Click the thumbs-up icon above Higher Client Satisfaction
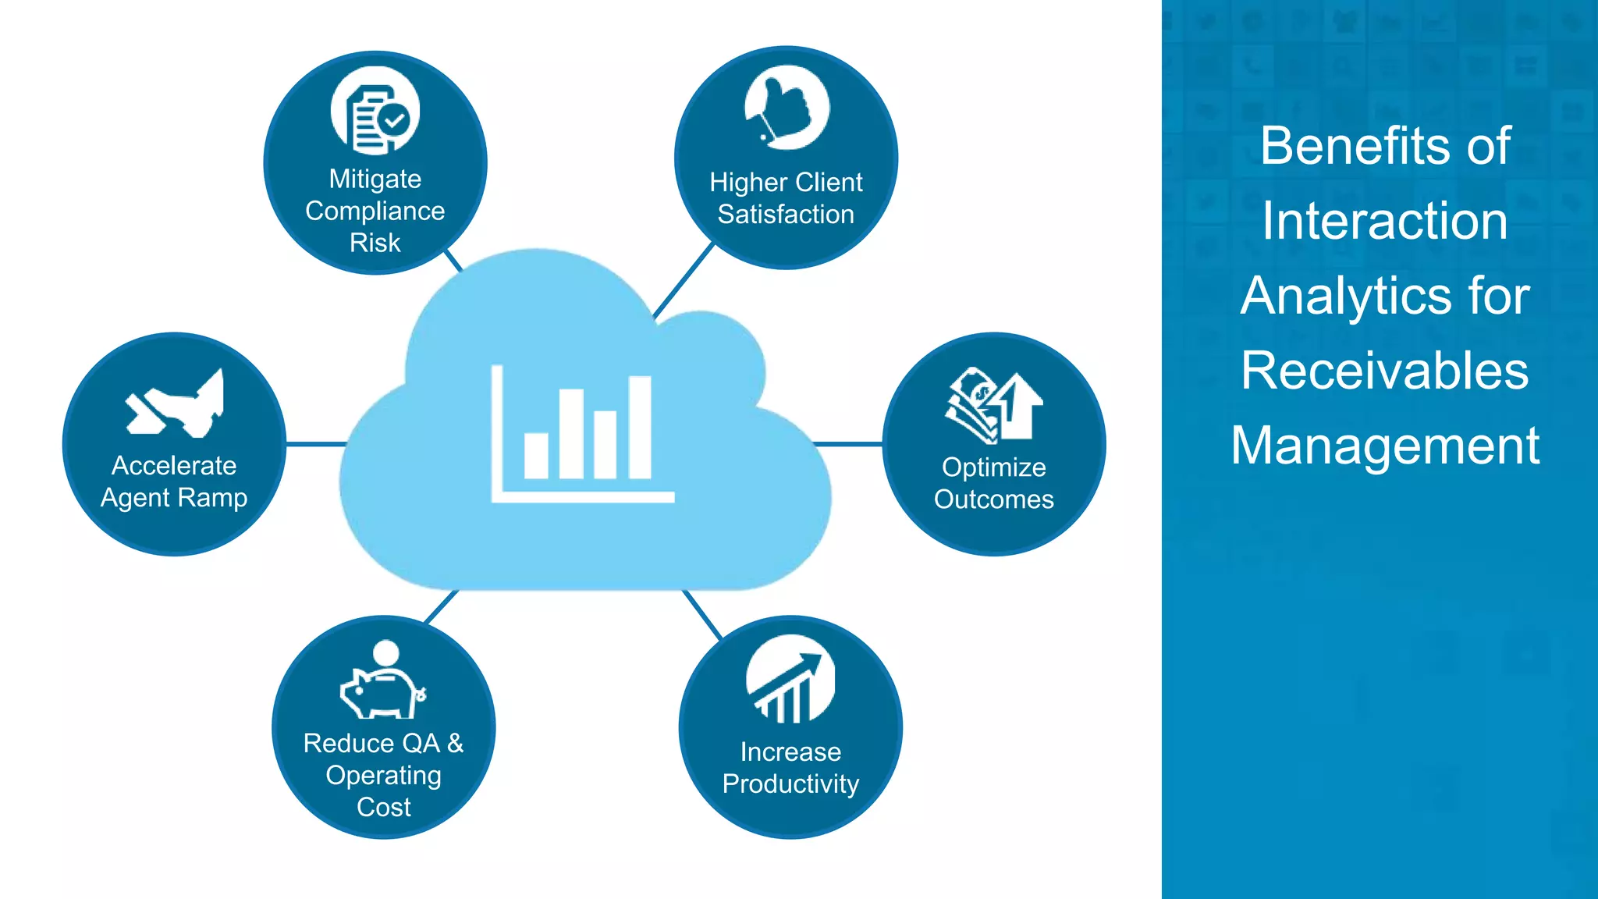click(x=787, y=108)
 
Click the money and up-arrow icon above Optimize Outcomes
click(x=994, y=406)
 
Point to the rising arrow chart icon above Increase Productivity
click(x=790, y=679)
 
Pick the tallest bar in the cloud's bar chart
click(x=639, y=427)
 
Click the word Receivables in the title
click(x=1385, y=371)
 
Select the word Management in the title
click(x=1385, y=446)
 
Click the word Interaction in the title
click(x=1385, y=221)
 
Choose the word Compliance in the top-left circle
click(x=375, y=211)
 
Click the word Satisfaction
click(x=786, y=214)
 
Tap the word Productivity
click(x=790, y=784)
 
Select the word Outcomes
click(x=994, y=499)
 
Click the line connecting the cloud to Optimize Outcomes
click(x=849, y=444)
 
